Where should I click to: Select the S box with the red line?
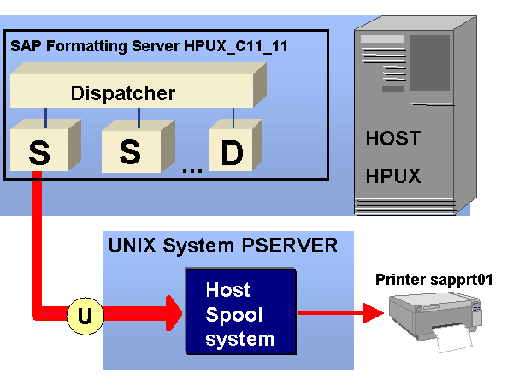pos(39,151)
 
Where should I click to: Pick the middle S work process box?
pos(130,151)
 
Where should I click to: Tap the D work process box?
pos(231,151)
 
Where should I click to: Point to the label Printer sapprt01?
pos(434,280)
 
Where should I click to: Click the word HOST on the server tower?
pos(393,139)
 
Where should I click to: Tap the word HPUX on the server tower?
pos(393,177)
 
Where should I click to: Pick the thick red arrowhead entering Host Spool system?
pos(171,315)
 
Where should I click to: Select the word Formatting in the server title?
pos(85,45)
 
